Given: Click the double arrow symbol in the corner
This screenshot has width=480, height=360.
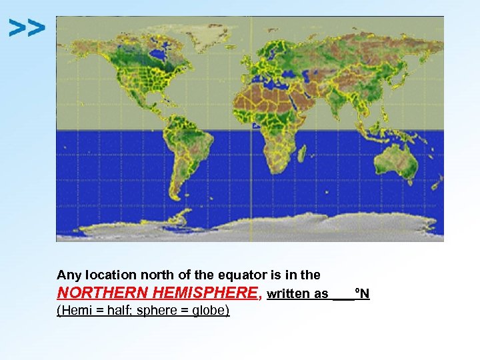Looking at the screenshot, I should tap(27, 28).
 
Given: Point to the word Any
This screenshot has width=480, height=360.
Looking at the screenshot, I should tap(68, 275).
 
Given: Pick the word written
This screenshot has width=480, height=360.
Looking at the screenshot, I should tap(289, 294).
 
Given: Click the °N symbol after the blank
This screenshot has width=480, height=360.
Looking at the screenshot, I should tap(363, 294).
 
